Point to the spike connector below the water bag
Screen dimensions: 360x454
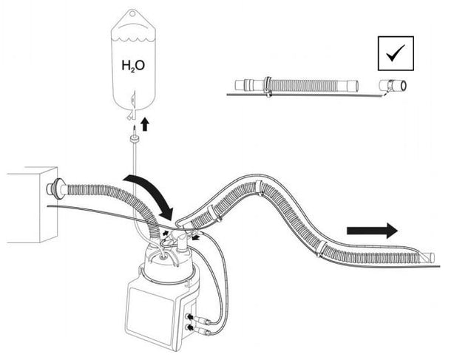coord(132,137)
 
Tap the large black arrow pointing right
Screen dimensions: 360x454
coord(370,231)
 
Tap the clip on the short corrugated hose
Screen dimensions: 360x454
coord(267,85)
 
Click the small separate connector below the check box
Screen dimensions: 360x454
coord(393,86)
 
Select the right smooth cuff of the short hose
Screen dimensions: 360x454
coord(352,86)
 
